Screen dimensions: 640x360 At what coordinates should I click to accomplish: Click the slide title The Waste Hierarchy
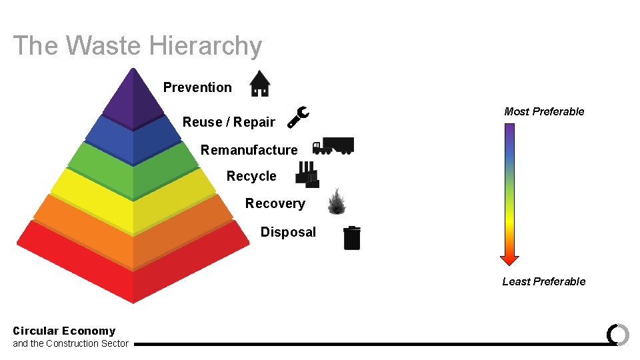137,46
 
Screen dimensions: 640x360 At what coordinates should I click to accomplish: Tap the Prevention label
197,87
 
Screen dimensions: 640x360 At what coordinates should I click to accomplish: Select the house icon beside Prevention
259,84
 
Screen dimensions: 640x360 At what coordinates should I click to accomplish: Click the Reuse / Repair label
229,122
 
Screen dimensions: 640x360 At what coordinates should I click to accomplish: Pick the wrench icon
297,117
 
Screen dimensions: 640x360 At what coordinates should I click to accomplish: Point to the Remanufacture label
249,150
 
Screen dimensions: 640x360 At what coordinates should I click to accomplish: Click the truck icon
333,146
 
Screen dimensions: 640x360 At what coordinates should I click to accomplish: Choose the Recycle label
251,176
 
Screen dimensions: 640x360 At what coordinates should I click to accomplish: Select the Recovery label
275,203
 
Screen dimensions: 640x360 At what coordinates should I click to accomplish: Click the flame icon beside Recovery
337,201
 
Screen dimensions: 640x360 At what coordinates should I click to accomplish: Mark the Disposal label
288,232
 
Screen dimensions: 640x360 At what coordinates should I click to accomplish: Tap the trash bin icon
352,238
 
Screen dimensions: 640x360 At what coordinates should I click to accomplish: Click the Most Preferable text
544,111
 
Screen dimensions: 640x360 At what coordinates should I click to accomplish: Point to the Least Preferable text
544,281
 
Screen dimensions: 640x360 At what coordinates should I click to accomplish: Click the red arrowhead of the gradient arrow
509,259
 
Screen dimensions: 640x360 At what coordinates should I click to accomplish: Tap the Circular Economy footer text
64,331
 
